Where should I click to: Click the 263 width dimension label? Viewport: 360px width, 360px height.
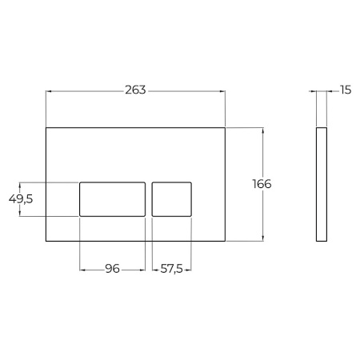click(x=135, y=90)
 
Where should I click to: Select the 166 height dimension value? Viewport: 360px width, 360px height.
click(x=261, y=184)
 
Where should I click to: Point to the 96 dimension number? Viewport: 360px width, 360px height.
click(x=112, y=269)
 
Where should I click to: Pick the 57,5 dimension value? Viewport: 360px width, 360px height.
click(x=172, y=269)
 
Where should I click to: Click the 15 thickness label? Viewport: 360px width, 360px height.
click(x=345, y=90)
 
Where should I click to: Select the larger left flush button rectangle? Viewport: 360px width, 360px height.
click(x=112, y=198)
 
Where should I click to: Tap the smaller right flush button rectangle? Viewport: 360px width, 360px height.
click(x=172, y=198)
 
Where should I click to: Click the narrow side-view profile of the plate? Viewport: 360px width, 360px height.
click(x=321, y=183)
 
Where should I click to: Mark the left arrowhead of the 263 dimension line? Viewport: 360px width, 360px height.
click(x=48, y=90)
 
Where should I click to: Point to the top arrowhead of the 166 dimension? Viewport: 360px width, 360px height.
click(x=262, y=129)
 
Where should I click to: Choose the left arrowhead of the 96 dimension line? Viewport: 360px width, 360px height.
click(x=82, y=269)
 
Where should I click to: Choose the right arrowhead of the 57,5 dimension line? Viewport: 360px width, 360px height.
click(x=190, y=269)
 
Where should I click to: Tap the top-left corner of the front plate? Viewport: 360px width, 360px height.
click(x=46, y=126)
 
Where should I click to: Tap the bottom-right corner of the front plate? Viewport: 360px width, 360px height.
click(x=226, y=240)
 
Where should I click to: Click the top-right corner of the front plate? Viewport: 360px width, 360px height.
click(x=226, y=126)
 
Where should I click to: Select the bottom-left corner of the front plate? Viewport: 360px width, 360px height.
click(x=46, y=240)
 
